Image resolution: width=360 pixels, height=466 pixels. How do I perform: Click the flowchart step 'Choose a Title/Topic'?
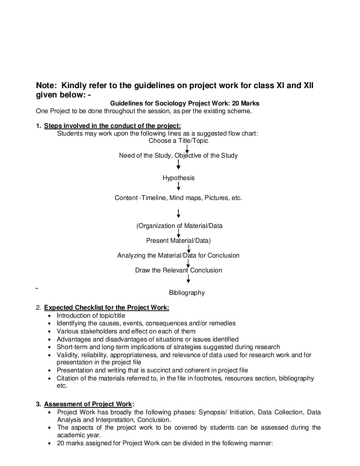point(178,141)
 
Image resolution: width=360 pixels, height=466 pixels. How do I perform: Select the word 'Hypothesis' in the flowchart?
point(178,178)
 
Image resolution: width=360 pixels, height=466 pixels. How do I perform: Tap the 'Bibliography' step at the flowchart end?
point(187,293)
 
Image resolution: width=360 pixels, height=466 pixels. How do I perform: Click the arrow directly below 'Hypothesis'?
point(178,186)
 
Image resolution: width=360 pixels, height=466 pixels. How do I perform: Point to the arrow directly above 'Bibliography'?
point(188,279)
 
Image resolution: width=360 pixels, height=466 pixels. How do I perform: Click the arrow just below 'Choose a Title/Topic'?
point(187,149)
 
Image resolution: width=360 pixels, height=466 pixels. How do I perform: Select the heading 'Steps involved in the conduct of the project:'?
point(112,126)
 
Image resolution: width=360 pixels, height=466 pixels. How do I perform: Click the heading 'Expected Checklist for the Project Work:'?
point(106,308)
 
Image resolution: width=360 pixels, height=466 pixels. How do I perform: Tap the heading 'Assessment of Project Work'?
point(88,404)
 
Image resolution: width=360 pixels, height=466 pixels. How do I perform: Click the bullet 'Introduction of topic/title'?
point(91,316)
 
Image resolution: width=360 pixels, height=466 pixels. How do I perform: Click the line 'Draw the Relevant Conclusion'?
point(178,270)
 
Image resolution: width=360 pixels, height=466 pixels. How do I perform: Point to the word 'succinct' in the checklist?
point(155,370)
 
